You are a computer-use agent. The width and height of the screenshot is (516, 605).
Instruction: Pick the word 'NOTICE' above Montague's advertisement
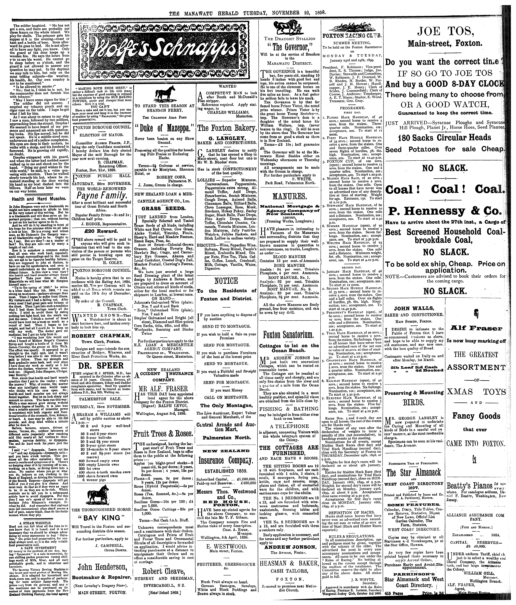coord(226,281)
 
